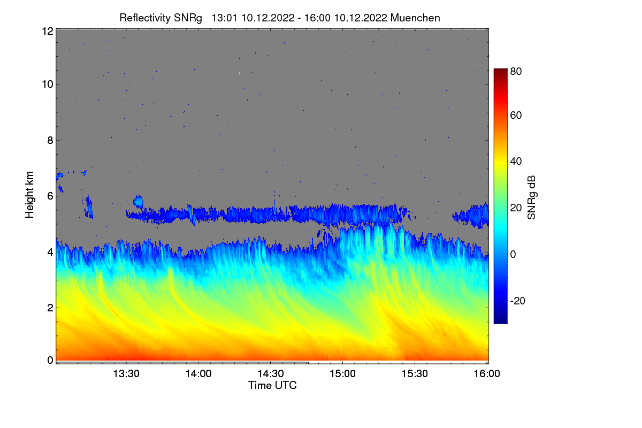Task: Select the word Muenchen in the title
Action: (x=415, y=18)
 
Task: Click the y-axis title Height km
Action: (x=30, y=194)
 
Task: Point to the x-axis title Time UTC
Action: (x=272, y=385)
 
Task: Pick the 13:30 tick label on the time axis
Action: (x=126, y=374)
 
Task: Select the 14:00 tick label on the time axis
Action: (x=198, y=374)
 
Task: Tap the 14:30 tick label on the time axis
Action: (x=270, y=374)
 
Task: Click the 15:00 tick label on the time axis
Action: (x=342, y=374)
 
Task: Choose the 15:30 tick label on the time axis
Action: (x=415, y=374)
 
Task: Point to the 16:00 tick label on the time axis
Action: (x=486, y=374)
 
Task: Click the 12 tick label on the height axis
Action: (x=47, y=31)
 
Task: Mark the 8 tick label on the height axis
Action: (x=50, y=140)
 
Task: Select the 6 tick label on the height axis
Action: (x=50, y=196)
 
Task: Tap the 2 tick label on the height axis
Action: (x=50, y=308)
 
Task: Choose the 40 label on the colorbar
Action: (x=516, y=162)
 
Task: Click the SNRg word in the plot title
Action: (x=188, y=18)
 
